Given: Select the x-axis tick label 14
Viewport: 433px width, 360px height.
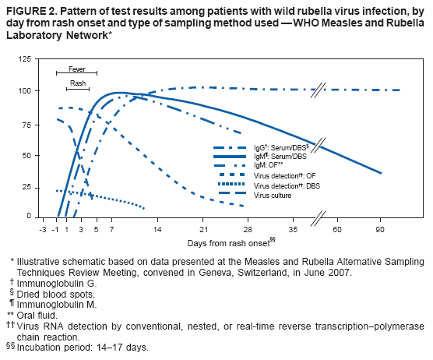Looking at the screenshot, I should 157,231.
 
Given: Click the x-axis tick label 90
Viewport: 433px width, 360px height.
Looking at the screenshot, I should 381,231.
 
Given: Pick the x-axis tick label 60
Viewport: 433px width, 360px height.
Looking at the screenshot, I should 336,231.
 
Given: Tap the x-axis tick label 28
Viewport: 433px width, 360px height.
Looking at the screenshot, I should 248,231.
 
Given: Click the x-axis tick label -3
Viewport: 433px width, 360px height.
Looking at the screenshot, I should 43,231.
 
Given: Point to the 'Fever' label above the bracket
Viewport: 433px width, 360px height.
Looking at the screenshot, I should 76,68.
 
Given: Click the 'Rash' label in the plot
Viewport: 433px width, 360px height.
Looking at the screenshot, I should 78,83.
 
